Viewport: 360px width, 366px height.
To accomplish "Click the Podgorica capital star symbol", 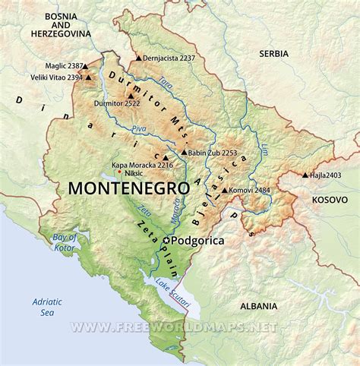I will coord(168,241).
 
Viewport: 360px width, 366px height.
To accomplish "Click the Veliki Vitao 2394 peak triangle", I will coord(89,77).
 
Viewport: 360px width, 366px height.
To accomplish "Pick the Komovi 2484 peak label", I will coord(252,189).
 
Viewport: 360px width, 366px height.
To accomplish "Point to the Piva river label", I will coord(139,129).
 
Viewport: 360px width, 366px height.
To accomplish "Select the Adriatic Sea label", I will coord(47,306).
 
